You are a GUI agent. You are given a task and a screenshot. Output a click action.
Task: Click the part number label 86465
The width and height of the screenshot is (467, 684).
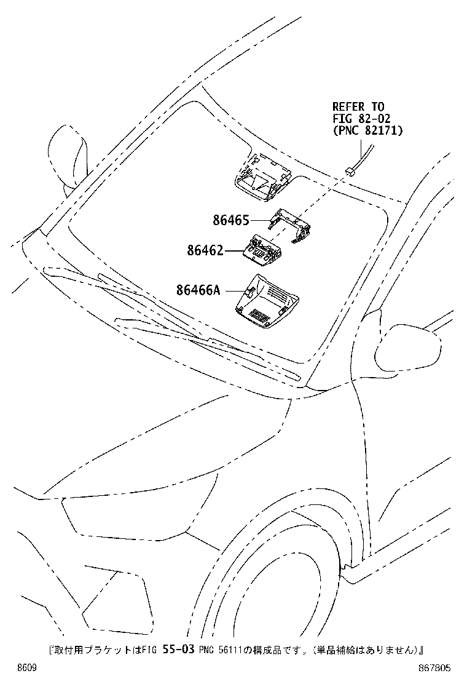tap(231, 220)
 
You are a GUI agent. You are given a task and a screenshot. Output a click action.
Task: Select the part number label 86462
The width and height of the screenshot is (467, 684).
tap(206, 250)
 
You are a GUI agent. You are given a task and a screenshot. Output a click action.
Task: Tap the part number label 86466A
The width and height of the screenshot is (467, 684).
tap(198, 290)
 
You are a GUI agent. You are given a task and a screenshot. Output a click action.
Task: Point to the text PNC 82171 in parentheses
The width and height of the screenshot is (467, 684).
tap(367, 130)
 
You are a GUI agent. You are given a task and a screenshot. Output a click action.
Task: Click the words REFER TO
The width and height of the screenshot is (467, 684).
tap(358, 107)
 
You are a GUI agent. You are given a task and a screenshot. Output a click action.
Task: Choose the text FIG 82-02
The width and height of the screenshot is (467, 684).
tap(361, 119)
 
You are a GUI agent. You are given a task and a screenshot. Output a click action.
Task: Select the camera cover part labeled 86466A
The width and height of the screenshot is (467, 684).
tap(267, 300)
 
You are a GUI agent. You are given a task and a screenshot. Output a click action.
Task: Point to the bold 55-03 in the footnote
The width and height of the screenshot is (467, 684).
tap(178, 650)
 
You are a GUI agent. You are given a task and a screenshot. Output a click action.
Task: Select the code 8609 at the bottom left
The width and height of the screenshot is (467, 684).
tap(26, 668)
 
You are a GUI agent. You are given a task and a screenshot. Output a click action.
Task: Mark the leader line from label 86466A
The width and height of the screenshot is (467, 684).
tap(234, 290)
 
